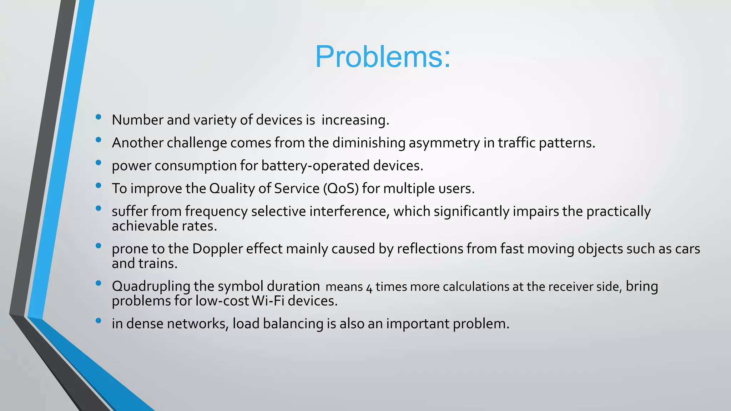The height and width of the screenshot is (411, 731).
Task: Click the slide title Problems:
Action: pos(383,57)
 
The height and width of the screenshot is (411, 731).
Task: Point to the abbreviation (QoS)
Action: pos(341,188)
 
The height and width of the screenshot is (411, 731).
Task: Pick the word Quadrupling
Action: pos(151,286)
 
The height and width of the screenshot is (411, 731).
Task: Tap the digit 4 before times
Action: pos(369,287)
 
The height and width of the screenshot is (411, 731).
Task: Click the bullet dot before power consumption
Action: pos(99,163)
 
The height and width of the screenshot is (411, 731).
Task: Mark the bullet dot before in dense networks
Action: pos(99,321)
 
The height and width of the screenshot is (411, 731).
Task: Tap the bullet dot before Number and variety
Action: pos(99,117)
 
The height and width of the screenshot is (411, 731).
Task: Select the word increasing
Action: pos(355,120)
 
